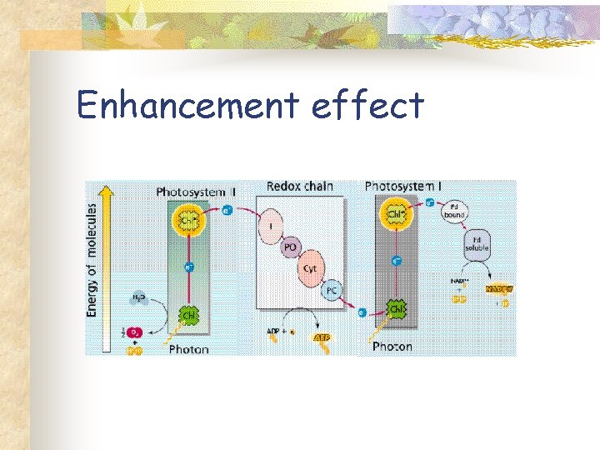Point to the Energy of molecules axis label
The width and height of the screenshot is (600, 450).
pyautogui.click(x=92, y=260)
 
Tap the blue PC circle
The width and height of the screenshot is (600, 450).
pyautogui.click(x=331, y=290)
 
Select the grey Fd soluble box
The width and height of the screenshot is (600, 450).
pyautogui.click(x=477, y=244)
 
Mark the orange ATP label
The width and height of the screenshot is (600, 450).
pyautogui.click(x=321, y=337)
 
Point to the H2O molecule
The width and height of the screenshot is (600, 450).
pyautogui.click(x=139, y=297)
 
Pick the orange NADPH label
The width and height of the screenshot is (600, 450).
pyautogui.click(x=501, y=288)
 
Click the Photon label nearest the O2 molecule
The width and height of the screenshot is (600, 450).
pyautogui.click(x=188, y=348)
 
